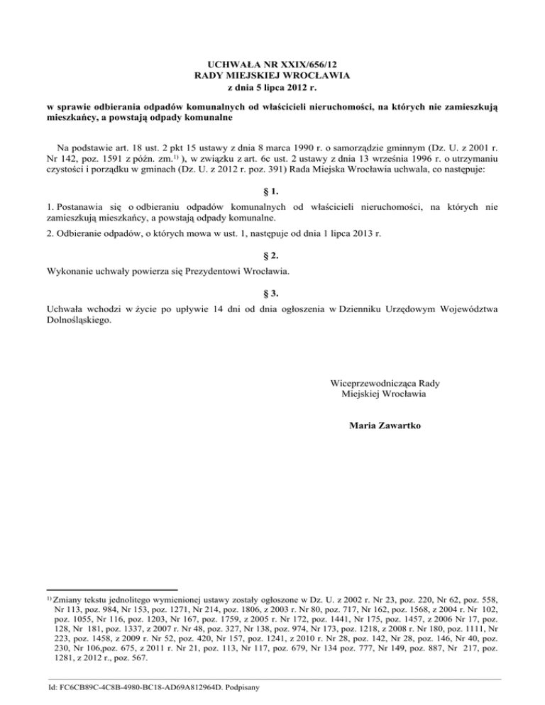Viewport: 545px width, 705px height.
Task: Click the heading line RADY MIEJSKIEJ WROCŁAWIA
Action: pos(272,74)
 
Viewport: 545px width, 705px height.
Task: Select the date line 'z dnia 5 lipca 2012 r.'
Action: pos(272,86)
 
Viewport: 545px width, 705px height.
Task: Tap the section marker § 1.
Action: pos(272,192)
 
